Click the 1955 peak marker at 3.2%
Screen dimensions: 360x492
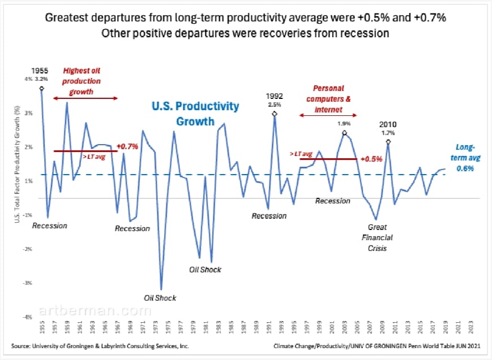click(x=42, y=88)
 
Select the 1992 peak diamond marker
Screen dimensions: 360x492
click(x=274, y=114)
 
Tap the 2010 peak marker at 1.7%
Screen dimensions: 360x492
click(x=388, y=141)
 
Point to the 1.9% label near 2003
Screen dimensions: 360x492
click(x=344, y=124)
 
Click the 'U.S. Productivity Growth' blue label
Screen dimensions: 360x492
click(x=195, y=113)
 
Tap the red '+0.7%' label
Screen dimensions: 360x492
click(x=127, y=146)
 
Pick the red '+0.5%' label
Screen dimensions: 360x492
click(x=372, y=159)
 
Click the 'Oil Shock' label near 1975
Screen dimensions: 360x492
click(x=160, y=298)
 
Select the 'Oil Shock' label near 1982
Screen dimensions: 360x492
click(x=205, y=270)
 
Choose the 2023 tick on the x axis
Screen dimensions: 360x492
click(x=469, y=329)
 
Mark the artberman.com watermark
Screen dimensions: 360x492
click(x=95, y=311)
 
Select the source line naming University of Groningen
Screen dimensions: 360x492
click(x=100, y=346)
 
